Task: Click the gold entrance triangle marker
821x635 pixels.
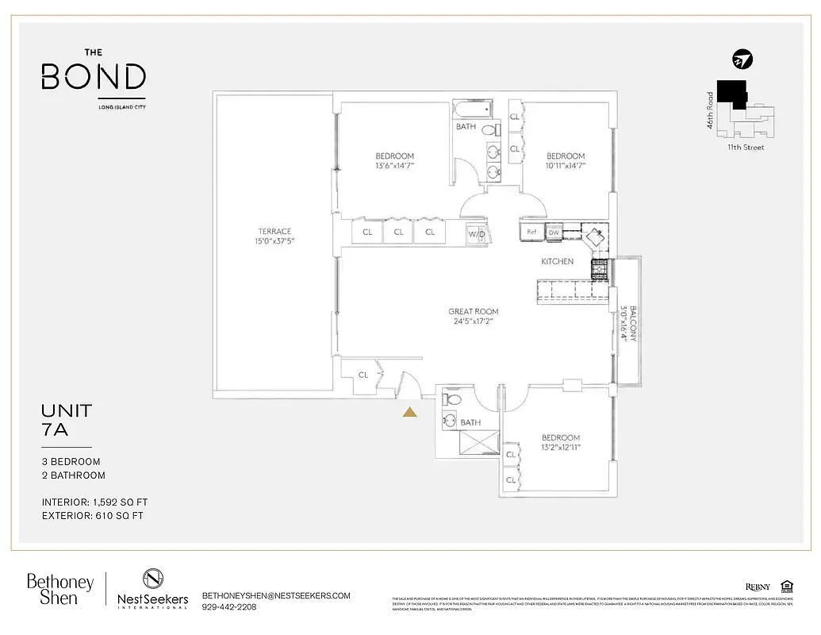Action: (410, 411)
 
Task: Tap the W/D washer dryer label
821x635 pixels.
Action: (477, 234)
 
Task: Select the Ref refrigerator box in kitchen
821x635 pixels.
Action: (531, 233)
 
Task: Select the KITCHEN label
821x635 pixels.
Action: (557, 261)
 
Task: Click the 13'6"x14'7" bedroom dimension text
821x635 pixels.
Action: (394, 166)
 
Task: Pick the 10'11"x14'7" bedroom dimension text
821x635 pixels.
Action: (566, 166)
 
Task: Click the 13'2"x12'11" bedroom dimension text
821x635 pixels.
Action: (560, 448)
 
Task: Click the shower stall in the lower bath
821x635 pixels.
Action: (470, 443)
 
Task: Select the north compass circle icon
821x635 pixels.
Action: (742, 60)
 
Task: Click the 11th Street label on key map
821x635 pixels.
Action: (746, 147)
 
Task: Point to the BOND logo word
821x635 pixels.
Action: (94, 78)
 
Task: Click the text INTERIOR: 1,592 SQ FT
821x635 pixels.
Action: (94, 502)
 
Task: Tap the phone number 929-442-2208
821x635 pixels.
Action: (229, 607)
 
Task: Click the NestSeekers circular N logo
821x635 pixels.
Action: (153, 579)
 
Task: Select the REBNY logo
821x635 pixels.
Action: (757, 587)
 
